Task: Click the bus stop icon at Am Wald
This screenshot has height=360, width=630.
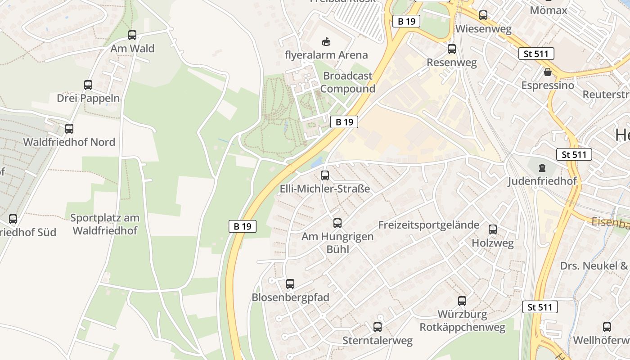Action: (132, 35)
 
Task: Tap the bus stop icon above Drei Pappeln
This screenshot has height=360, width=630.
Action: (88, 85)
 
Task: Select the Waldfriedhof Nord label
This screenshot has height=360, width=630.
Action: (69, 142)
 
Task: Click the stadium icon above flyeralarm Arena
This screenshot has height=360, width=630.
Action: (326, 42)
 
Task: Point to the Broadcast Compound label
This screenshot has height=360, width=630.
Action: (348, 82)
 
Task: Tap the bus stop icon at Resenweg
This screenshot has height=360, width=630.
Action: (451, 49)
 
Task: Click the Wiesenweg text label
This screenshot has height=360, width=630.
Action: (483, 29)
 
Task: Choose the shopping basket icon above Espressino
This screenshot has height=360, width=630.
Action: (548, 72)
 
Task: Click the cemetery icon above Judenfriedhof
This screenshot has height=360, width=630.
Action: (542, 168)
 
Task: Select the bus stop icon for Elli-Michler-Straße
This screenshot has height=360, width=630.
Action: (324, 175)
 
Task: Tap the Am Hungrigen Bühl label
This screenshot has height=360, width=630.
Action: (337, 243)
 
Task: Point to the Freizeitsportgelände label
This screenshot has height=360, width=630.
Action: (428, 225)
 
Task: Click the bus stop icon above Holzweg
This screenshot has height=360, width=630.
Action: (493, 229)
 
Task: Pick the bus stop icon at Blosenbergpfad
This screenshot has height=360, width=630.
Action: (290, 284)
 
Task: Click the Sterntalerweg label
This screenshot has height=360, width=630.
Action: (377, 341)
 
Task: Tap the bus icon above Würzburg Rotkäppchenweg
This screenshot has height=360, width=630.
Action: (462, 301)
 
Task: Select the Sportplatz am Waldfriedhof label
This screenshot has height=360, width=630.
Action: (105, 224)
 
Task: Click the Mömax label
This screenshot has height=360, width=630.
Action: (548, 10)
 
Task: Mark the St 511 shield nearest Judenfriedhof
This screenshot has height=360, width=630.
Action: (574, 155)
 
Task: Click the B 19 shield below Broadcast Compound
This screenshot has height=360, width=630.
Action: (344, 122)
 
